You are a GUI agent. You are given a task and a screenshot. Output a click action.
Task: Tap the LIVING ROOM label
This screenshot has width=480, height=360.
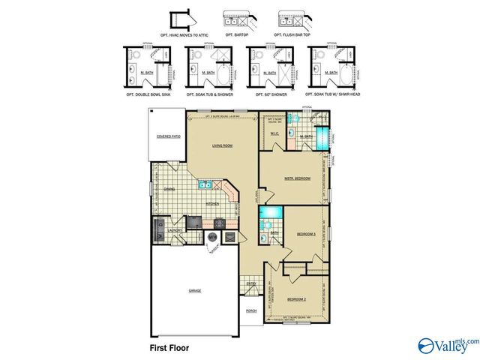pos(220,146)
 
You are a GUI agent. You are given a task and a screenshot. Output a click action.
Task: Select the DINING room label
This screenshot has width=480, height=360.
pos(169,190)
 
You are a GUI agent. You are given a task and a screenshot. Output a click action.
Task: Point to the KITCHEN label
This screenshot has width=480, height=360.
pos(212,203)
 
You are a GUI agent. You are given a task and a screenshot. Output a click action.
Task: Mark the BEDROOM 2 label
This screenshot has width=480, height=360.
pos(298,298)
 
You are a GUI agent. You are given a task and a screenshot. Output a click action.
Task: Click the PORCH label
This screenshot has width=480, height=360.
pos(251,311)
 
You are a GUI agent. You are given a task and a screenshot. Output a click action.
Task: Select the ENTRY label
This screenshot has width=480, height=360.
pos(250,283)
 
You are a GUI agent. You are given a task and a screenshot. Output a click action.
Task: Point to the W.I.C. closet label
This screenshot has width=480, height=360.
pos(273,135)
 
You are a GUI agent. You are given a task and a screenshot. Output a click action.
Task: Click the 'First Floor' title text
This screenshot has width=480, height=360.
pos(169,348)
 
